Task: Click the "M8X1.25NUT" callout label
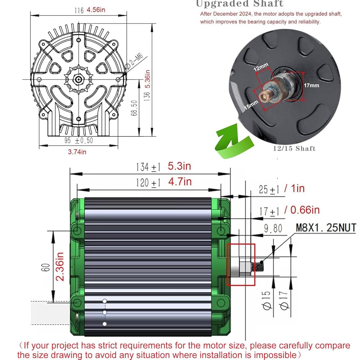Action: click(x=326, y=228)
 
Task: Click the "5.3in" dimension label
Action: click(x=179, y=166)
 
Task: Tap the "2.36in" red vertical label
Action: click(x=59, y=267)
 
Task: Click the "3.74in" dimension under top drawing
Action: click(x=77, y=152)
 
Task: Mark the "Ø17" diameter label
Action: click(x=283, y=301)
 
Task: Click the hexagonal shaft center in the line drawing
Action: click(x=77, y=79)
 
